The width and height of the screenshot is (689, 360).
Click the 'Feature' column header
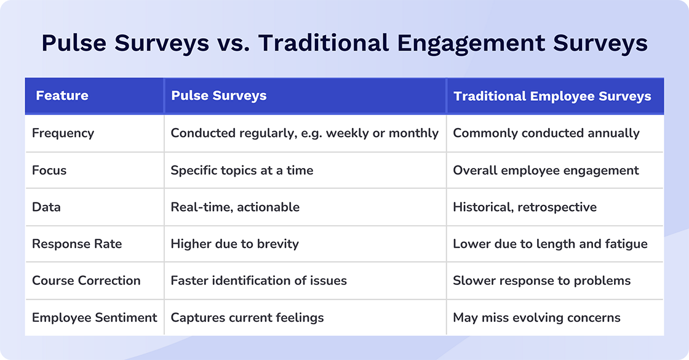click(x=62, y=96)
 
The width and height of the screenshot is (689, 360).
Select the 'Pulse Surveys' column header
click(x=219, y=96)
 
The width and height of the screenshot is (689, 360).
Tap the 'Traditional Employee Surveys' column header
click(x=552, y=97)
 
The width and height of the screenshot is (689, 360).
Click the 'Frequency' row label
click(x=63, y=133)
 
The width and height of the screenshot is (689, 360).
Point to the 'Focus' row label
click(x=49, y=170)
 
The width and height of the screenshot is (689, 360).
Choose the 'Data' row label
click(x=46, y=207)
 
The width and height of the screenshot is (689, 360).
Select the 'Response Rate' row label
click(x=77, y=244)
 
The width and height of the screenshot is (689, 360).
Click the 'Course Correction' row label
click(x=86, y=281)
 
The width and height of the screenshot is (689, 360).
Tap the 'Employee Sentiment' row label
click(x=95, y=318)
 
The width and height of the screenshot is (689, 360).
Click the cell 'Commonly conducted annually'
click(x=546, y=133)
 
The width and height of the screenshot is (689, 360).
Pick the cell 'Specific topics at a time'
click(x=242, y=170)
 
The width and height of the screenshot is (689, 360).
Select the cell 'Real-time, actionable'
click(x=235, y=207)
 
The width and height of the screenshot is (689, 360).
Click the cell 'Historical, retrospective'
click(x=525, y=207)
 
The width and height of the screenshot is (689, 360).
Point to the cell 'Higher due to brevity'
click(x=234, y=244)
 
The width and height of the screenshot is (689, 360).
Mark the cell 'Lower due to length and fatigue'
click(x=550, y=244)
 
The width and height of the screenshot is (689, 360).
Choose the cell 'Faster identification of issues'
click(x=258, y=281)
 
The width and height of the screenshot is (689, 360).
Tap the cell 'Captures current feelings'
click(x=247, y=318)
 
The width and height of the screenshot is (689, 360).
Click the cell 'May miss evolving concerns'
click(x=536, y=318)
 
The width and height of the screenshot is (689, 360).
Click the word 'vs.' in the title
click(x=233, y=44)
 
